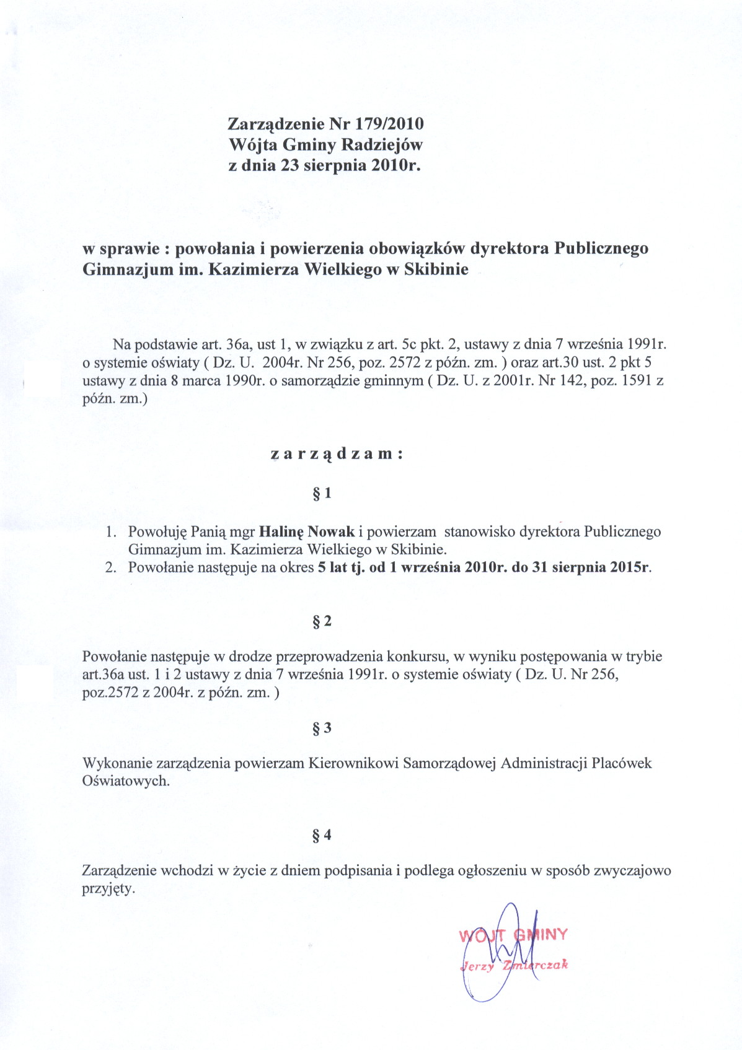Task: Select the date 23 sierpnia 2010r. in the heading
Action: pos(351,165)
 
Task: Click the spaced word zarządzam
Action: pos(337,453)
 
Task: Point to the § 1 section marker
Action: pos(322,493)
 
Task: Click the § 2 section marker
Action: pos(322,621)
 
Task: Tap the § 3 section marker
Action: pos(322,728)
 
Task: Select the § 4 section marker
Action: pos(322,835)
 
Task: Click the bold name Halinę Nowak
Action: pos(307,532)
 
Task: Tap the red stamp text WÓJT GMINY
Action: pos(513,935)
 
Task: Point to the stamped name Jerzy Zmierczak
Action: pos(514,965)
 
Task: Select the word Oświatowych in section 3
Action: pos(125,781)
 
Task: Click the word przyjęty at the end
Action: pos(108,889)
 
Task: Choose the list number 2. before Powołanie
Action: pos(111,567)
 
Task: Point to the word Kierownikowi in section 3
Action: pos(353,763)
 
